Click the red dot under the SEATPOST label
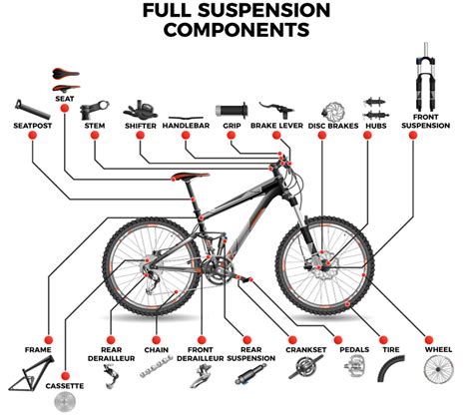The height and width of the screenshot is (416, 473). (33, 136)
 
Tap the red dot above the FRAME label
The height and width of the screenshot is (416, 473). (49, 340)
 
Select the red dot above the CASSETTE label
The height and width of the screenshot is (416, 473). (66, 376)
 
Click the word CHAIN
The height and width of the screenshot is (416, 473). (157, 350)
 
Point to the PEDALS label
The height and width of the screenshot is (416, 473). (354, 350)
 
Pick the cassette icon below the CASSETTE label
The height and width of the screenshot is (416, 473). (65, 402)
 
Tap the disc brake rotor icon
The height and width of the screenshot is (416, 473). (332, 112)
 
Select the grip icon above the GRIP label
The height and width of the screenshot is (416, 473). (232, 110)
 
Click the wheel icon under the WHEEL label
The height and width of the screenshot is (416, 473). (439, 369)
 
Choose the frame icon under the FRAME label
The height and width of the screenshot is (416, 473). (32, 374)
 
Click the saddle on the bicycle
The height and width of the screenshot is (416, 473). (190, 176)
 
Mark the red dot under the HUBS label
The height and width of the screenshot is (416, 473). (367, 136)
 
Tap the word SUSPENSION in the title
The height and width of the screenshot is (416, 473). (264, 10)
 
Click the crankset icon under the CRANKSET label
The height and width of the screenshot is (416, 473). (305, 367)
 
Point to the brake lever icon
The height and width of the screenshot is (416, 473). (276, 110)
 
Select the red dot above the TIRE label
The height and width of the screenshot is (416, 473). (383, 340)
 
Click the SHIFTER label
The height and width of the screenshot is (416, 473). (141, 126)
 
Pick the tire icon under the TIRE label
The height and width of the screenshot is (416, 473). (391, 368)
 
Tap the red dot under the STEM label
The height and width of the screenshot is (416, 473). (95, 136)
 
